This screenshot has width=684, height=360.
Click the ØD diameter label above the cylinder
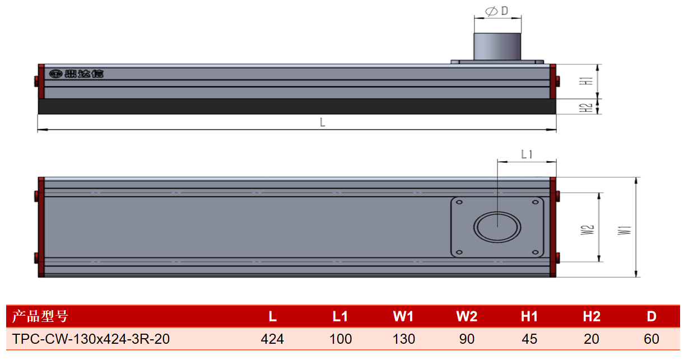(496, 11)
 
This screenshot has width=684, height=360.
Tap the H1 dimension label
(586, 81)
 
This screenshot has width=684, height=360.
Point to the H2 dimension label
(586, 107)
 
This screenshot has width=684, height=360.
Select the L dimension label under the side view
(323, 123)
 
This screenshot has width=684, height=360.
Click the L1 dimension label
(527, 155)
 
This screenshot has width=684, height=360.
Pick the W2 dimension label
(587, 230)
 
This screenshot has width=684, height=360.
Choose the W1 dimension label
(625, 230)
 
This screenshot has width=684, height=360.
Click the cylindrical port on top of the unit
(497, 46)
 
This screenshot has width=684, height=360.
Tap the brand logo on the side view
(76, 74)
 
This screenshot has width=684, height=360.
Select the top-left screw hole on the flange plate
(459, 202)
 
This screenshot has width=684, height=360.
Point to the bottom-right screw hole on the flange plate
(536, 253)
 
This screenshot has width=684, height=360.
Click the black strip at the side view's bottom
(297, 106)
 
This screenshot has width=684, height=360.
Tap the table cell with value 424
(272, 339)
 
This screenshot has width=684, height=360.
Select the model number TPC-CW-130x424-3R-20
(91, 339)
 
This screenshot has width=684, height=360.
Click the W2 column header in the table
(467, 316)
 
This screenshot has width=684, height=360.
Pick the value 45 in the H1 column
(529, 339)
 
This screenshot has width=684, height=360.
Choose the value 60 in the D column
(652, 339)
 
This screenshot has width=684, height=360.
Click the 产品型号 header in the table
(40, 316)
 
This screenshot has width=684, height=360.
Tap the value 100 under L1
(341, 339)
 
